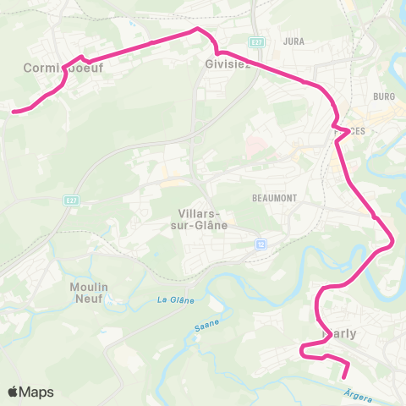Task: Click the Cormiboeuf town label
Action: point(63,69)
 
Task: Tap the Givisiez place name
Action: point(228,63)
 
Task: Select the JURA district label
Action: point(294,41)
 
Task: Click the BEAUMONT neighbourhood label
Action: point(271,197)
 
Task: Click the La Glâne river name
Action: point(176,300)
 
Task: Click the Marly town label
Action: point(339,333)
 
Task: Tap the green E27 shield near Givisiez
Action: point(257,41)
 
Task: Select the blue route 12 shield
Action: point(261,244)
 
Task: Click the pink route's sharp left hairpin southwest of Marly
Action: point(302,349)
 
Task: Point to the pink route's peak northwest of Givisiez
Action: point(197,29)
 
